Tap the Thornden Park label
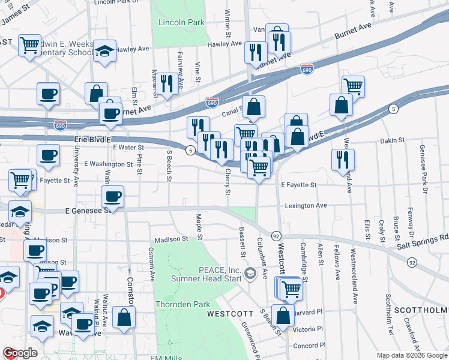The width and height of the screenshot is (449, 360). pos(184,304)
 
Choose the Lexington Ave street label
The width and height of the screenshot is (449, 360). pos(306,205)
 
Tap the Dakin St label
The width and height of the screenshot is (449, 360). pos(394,140)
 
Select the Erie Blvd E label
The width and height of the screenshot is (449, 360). pos(93,139)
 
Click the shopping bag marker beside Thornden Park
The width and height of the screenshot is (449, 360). pos(124,317)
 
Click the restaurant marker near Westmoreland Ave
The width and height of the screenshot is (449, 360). pos(343,160)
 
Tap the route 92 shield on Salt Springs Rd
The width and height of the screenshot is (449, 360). pos(412,262)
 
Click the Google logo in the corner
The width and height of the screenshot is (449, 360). pos(20,353)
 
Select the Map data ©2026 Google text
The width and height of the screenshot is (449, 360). pos(412,355)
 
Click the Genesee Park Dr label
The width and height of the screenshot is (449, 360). pos(423,165)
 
